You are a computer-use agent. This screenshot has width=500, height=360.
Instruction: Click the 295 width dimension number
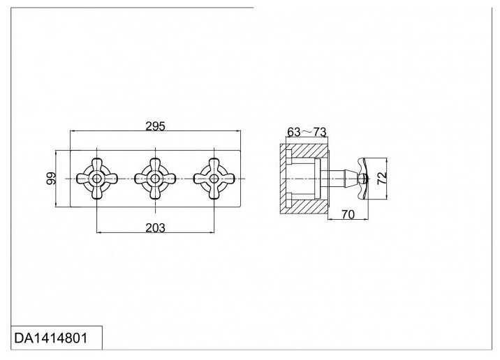154,126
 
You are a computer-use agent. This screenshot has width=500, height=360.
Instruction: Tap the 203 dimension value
155,228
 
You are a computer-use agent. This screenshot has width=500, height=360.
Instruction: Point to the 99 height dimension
50,179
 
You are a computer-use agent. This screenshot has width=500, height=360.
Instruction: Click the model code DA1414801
50,338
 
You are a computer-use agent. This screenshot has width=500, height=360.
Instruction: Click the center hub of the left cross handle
96,179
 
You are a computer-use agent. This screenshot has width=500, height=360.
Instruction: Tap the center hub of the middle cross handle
154,179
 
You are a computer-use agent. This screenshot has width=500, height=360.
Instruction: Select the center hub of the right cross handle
211,179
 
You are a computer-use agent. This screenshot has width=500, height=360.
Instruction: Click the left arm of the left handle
81,179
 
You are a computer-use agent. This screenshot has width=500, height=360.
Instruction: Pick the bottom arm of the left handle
96,193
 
